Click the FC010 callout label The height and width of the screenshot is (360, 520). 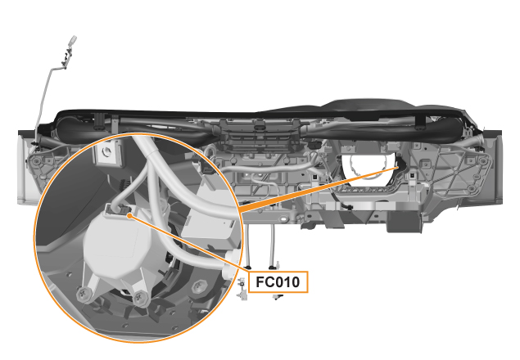(278, 282)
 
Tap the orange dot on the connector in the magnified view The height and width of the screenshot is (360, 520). (129, 216)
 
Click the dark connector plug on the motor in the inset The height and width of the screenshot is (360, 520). (117, 210)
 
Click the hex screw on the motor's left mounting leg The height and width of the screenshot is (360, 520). (84, 294)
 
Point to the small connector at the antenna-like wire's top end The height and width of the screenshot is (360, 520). (73, 40)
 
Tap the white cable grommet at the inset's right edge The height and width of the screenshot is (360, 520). (231, 264)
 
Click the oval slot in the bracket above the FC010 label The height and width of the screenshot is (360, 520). (283, 219)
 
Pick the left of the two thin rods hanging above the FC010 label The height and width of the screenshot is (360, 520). (247, 245)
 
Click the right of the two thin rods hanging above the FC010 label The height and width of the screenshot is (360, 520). (272, 245)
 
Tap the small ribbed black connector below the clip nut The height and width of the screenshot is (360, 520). (124, 183)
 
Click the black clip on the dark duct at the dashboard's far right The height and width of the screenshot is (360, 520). (420, 122)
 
